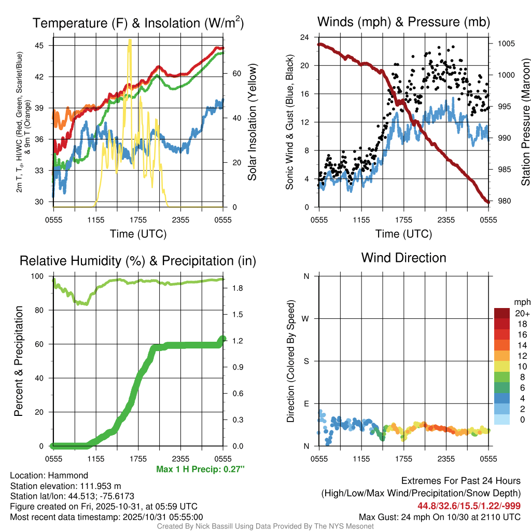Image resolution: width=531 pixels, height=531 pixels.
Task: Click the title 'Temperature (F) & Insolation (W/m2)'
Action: [x=138, y=23]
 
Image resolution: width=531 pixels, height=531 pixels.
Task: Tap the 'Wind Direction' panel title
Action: [x=403, y=258]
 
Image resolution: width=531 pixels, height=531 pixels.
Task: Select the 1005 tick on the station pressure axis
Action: [x=505, y=44]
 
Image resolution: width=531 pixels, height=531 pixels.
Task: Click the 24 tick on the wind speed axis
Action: [x=305, y=37]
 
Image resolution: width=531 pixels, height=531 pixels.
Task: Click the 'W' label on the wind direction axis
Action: [x=306, y=318]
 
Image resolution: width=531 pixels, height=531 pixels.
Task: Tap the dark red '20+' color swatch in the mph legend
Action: [x=502, y=313]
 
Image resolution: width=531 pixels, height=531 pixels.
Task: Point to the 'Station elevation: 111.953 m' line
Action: [x=65, y=486]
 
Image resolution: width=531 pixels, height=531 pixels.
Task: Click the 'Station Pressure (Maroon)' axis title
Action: [x=525, y=122]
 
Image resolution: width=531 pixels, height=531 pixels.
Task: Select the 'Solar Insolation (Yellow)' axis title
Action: [x=253, y=122]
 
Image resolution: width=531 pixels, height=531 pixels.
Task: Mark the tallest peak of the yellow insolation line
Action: [x=129, y=40]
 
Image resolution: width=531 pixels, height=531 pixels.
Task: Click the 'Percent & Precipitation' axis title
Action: [x=19, y=361]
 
